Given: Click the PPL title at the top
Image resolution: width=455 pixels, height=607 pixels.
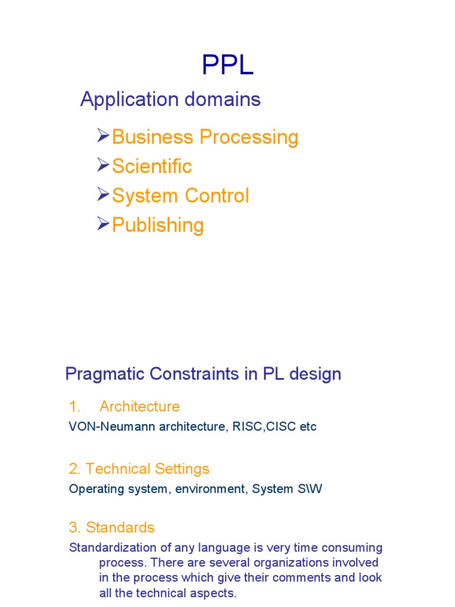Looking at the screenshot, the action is pyautogui.click(x=227, y=65).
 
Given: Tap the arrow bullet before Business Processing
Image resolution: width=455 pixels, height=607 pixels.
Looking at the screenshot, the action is pyautogui.click(x=102, y=137).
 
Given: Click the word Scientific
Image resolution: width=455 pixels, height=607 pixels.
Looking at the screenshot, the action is pyautogui.click(x=152, y=167).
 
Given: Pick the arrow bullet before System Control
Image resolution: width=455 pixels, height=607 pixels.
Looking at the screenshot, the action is pyautogui.click(x=102, y=195).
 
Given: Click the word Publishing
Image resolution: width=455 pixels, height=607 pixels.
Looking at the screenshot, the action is pyautogui.click(x=158, y=225).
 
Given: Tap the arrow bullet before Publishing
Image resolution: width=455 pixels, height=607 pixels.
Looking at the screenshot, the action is pyautogui.click(x=102, y=224).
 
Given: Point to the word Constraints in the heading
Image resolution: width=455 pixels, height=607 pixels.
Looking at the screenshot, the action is pyautogui.click(x=188, y=375).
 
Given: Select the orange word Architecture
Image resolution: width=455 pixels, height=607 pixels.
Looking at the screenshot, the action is pyautogui.click(x=139, y=407).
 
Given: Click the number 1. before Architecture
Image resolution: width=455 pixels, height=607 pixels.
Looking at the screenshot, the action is pyautogui.click(x=74, y=407).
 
